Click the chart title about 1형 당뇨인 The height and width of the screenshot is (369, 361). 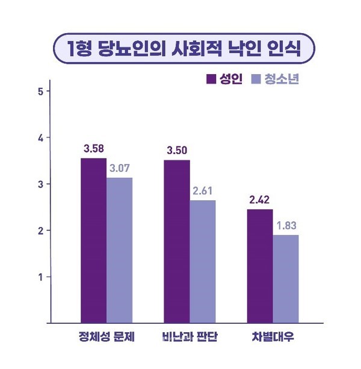point(180,47)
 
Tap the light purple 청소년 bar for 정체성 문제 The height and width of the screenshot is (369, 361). point(119,250)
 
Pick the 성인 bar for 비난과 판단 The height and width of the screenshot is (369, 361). point(176,241)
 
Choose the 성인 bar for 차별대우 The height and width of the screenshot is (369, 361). point(259,266)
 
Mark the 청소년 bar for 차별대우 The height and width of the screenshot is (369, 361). point(285,279)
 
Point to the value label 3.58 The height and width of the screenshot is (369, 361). point(94,148)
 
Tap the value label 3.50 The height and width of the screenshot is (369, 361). point(177,150)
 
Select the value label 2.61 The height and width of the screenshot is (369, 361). point(203,191)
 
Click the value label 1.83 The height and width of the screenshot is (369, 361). point(286,225)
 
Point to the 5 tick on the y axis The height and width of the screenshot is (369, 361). point(40,92)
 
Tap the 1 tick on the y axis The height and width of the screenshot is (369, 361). point(40,277)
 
